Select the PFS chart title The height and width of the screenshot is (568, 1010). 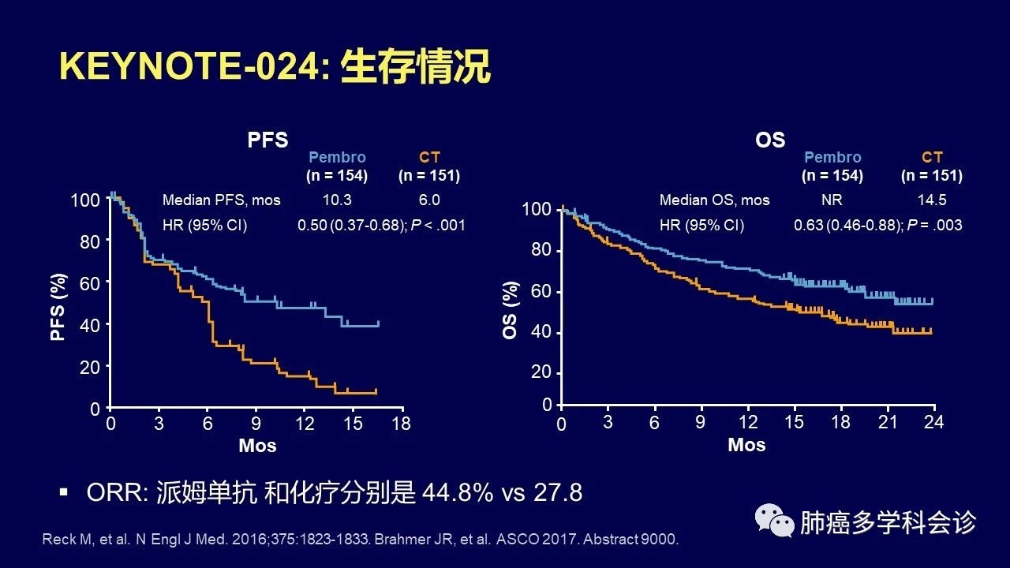[x=267, y=140]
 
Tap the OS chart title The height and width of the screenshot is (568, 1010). [x=770, y=140]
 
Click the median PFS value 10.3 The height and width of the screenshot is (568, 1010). [x=336, y=200]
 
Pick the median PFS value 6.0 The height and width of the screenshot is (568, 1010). [x=429, y=200]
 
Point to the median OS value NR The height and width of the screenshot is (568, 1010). [x=832, y=200]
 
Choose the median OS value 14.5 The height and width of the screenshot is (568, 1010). [x=932, y=200]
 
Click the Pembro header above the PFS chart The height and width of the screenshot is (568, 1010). [x=337, y=157]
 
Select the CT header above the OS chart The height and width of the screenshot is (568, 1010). [x=932, y=157]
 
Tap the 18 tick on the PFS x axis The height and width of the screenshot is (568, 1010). [x=402, y=424]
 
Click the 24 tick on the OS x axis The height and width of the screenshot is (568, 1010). [x=934, y=422]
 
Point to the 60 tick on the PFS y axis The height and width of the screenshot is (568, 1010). [x=90, y=282]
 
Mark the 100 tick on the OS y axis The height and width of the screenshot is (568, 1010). [x=537, y=210]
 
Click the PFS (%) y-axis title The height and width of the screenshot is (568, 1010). [x=58, y=308]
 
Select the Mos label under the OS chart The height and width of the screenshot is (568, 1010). [x=746, y=445]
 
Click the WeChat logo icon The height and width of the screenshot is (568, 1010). [x=774, y=521]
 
